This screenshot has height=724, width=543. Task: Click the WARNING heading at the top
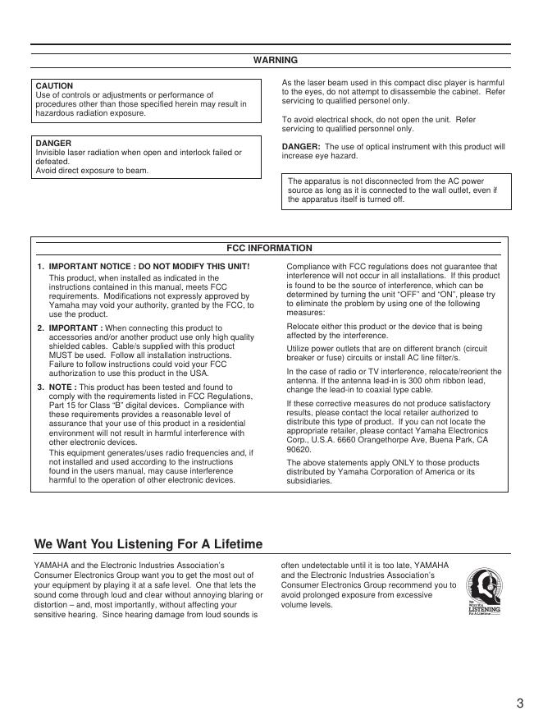point(275,60)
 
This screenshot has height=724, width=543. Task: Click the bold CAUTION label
point(54,86)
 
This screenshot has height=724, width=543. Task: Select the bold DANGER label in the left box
point(53,143)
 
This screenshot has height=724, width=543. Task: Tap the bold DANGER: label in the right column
point(301,146)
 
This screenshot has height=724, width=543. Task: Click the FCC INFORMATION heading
point(269,248)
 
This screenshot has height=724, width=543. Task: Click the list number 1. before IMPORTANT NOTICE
point(41,267)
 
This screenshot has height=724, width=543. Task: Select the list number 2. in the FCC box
point(41,328)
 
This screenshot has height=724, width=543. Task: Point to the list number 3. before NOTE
point(41,387)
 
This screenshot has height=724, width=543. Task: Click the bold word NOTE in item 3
point(62,387)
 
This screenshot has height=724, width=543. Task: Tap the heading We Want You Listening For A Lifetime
point(148,544)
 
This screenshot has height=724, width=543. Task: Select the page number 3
point(520,703)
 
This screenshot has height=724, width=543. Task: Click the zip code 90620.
point(299,450)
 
